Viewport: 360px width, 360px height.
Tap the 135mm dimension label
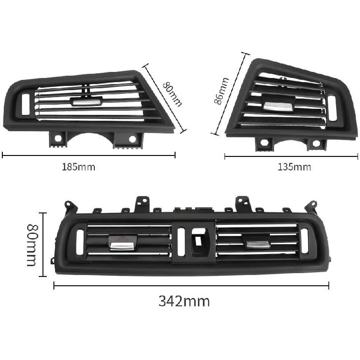(294, 167)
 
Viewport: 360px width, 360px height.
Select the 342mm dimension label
(184, 301)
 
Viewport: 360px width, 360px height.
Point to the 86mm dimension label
(221, 92)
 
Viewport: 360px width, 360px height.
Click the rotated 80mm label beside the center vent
(32, 245)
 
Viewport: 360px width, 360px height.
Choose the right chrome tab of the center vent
(258, 243)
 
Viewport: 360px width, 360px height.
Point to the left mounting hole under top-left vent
(58, 138)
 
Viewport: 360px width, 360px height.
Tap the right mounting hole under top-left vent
(132, 139)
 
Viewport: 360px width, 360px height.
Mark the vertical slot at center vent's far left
(79, 241)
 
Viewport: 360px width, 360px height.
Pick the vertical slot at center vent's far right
(304, 241)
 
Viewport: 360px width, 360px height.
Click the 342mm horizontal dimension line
(191, 286)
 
